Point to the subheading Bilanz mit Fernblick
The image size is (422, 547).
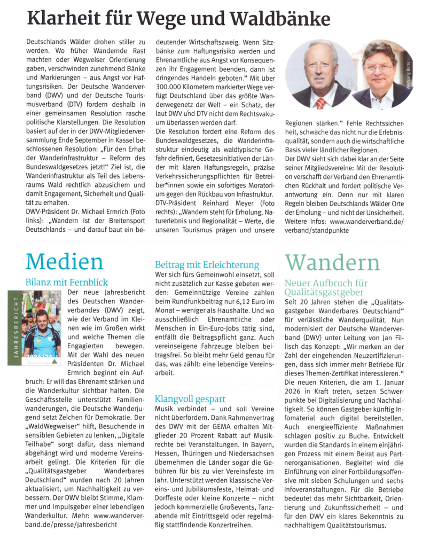[67, 282]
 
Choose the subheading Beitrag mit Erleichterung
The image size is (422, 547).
[207, 264]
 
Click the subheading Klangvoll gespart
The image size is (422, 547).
[190, 398]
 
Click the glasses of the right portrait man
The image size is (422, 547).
[378, 68]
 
